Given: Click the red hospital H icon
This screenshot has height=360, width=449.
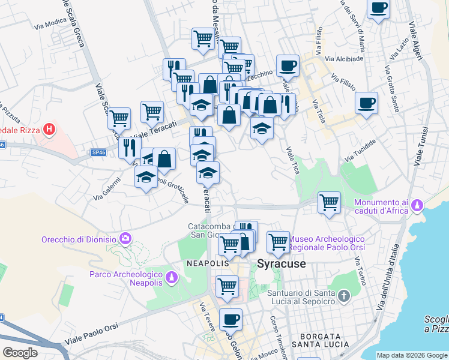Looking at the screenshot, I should point(50,129).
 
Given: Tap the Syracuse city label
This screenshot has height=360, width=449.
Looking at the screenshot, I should point(282,263).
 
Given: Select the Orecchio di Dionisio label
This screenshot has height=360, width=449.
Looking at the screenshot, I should point(79,239).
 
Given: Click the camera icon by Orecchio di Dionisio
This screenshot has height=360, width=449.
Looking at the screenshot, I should point(125,239).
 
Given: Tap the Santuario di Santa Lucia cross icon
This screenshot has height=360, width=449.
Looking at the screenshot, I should point(343,296).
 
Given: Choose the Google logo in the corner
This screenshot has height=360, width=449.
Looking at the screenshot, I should point(20,353).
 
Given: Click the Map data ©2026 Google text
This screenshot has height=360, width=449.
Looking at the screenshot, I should point(412,355).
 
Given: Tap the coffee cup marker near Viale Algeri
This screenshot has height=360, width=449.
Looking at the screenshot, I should point(378,9).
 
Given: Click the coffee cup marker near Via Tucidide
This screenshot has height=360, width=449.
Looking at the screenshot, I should point(366,103).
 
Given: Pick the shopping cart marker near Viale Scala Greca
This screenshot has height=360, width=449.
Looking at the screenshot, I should point(119,118).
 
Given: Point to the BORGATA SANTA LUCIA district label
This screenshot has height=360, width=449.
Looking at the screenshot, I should point(321,340).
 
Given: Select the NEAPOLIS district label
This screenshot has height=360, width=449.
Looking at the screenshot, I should point(208,263).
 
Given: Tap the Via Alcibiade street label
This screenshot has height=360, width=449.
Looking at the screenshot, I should point(344,59).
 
